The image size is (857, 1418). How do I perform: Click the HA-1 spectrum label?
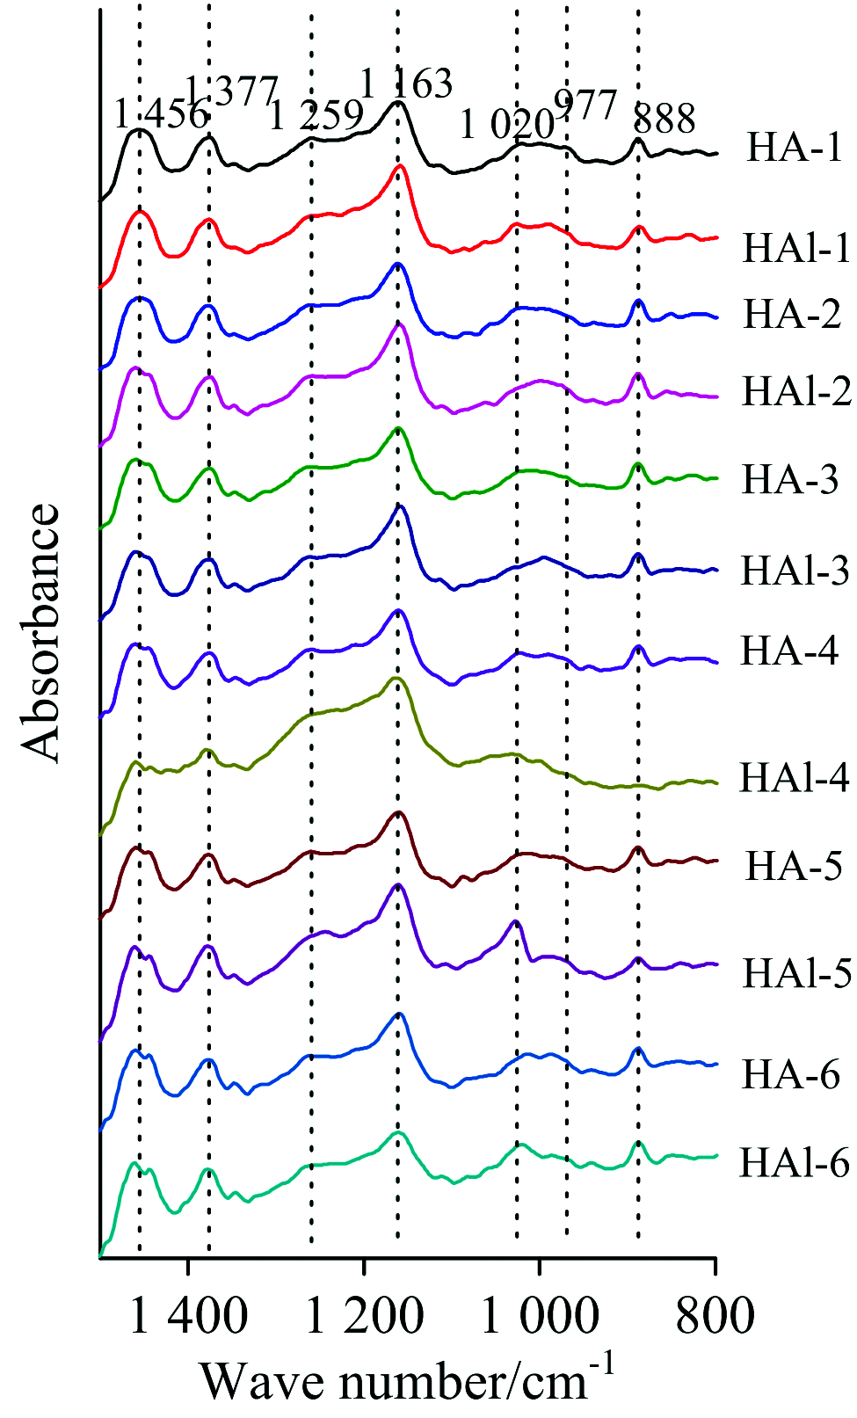tap(794, 147)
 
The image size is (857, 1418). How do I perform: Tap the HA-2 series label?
tap(792, 314)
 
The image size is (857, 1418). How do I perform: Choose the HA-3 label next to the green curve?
tap(791, 480)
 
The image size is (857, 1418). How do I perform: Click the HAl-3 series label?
tap(795, 571)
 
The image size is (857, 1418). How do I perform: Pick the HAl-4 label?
tap(795, 778)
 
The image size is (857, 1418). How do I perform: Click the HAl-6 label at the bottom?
tap(795, 1163)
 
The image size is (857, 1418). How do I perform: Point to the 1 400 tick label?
tap(188, 1316)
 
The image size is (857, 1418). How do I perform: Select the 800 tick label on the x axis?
tap(715, 1316)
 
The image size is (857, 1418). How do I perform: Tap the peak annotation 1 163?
tap(406, 84)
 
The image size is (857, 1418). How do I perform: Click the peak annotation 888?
tap(665, 118)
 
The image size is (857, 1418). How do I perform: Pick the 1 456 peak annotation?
tap(160, 114)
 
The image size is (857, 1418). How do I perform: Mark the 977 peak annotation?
tap(585, 105)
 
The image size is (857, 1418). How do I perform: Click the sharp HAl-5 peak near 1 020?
tap(516, 921)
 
